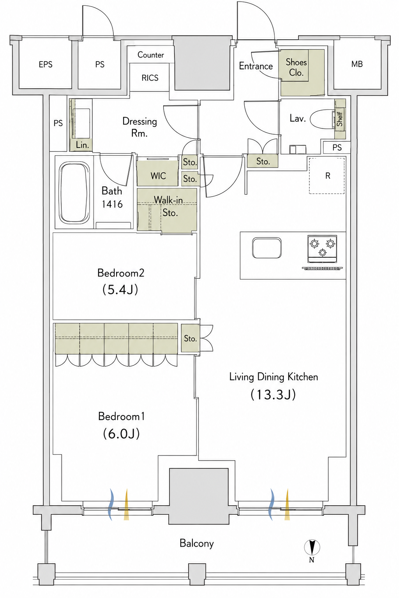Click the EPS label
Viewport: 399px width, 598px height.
pos(46,64)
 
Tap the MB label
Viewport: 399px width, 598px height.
pos(357,64)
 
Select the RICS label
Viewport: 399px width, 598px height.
pos(150,78)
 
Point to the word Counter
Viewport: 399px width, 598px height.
pos(151,55)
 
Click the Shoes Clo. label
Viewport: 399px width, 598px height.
pos(296,67)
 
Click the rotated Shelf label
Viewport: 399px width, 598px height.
pos(339,119)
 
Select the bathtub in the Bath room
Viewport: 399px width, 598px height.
pos(74,193)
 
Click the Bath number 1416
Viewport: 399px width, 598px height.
pos(112,204)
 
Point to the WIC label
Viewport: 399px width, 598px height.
pos(158,176)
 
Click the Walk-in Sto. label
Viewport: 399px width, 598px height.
pos(169,206)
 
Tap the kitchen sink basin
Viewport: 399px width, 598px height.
pos(267,248)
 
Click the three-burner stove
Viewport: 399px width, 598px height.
pos(322,249)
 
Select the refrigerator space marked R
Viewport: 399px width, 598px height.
pos(327,176)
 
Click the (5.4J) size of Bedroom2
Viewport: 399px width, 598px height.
pos(120,290)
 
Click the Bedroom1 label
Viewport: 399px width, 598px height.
pos(121,416)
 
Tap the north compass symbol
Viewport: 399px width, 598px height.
pos(312,547)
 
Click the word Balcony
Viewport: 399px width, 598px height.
pos(197,543)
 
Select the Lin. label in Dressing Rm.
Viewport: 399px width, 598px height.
pos(82,145)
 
